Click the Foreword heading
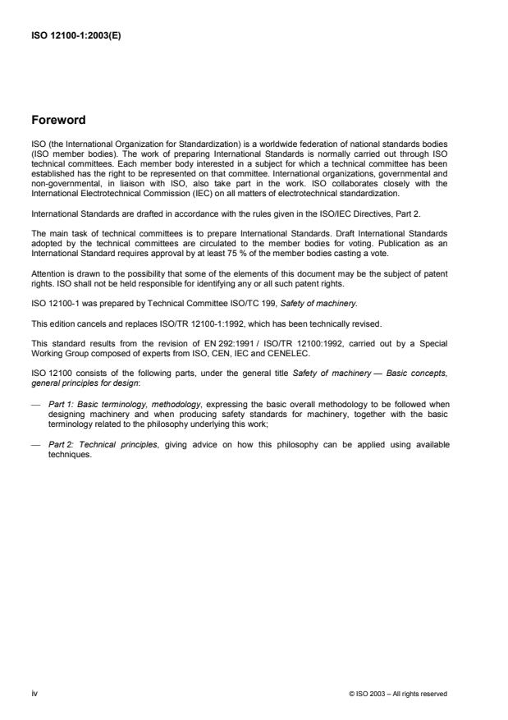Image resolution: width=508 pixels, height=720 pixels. pos(57,120)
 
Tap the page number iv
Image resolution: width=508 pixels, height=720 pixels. pos(34,693)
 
